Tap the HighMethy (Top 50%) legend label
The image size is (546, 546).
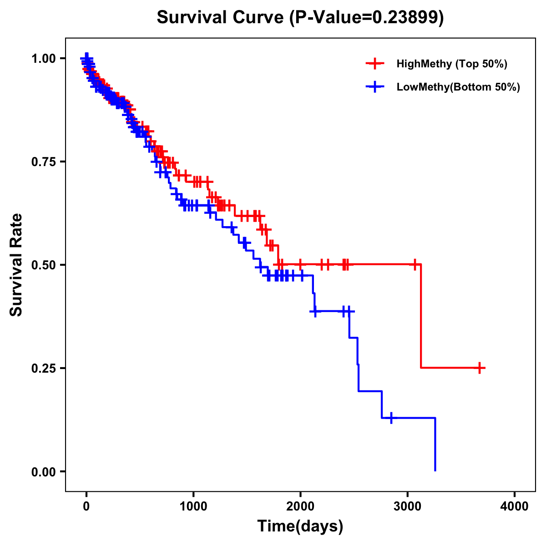pos(452,64)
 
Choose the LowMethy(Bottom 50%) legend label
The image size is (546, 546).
pos(458,87)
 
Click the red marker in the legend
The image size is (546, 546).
pos(375,64)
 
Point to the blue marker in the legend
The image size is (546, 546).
pos(375,87)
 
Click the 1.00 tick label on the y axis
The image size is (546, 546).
pos(43,58)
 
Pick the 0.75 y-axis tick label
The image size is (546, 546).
pos(43,162)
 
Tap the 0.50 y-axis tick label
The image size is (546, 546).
pos(43,265)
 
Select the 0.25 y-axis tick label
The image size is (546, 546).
pos(43,368)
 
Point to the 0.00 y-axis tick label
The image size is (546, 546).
pos(43,471)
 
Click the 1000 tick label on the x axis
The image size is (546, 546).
pos(193,506)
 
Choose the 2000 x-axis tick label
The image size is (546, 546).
pos(300,506)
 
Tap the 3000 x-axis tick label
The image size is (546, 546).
pos(408,506)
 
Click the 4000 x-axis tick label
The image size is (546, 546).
pos(515,506)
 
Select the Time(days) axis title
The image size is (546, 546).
pos(300,526)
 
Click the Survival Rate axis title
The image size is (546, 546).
pos(16,265)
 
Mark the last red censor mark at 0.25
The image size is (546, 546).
pos(480,368)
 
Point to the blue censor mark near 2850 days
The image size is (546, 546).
pos(391,418)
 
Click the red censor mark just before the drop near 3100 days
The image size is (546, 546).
pos(415,264)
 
